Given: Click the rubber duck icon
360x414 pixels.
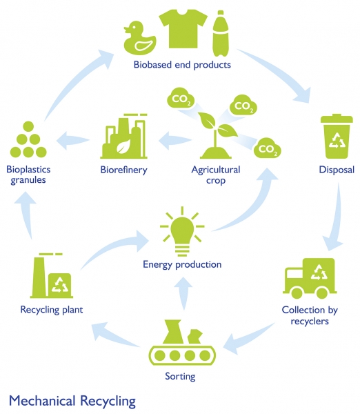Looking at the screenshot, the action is coord(140,38).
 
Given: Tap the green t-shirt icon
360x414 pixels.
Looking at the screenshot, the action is coord(183,29).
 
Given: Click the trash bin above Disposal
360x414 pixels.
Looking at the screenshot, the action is coord(337,136).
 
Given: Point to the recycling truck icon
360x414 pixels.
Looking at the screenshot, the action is coord(310,278).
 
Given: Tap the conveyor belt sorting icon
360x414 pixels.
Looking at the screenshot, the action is coord(182,342).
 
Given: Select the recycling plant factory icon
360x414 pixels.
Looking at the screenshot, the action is coord(52,275).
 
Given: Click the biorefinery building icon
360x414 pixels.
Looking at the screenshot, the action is coord(123,136).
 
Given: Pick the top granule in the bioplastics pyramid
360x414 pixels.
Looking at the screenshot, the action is coord(28,126).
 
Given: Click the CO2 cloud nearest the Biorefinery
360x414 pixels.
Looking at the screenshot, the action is coord(181,98).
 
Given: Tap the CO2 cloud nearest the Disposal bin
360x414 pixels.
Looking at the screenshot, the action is coord(267,148).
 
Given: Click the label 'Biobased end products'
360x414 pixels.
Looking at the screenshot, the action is coord(182,65).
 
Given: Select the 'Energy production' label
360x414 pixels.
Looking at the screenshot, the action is coord(182,264).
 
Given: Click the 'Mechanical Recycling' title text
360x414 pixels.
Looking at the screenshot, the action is coord(72,401).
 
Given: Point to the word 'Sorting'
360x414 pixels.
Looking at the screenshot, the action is coord(180,376).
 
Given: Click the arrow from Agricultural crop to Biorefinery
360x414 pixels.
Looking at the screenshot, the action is coord(174,140).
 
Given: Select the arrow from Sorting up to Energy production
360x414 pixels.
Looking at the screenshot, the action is coord(183,293).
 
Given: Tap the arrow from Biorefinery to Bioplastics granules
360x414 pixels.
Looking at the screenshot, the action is coord(73,140).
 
